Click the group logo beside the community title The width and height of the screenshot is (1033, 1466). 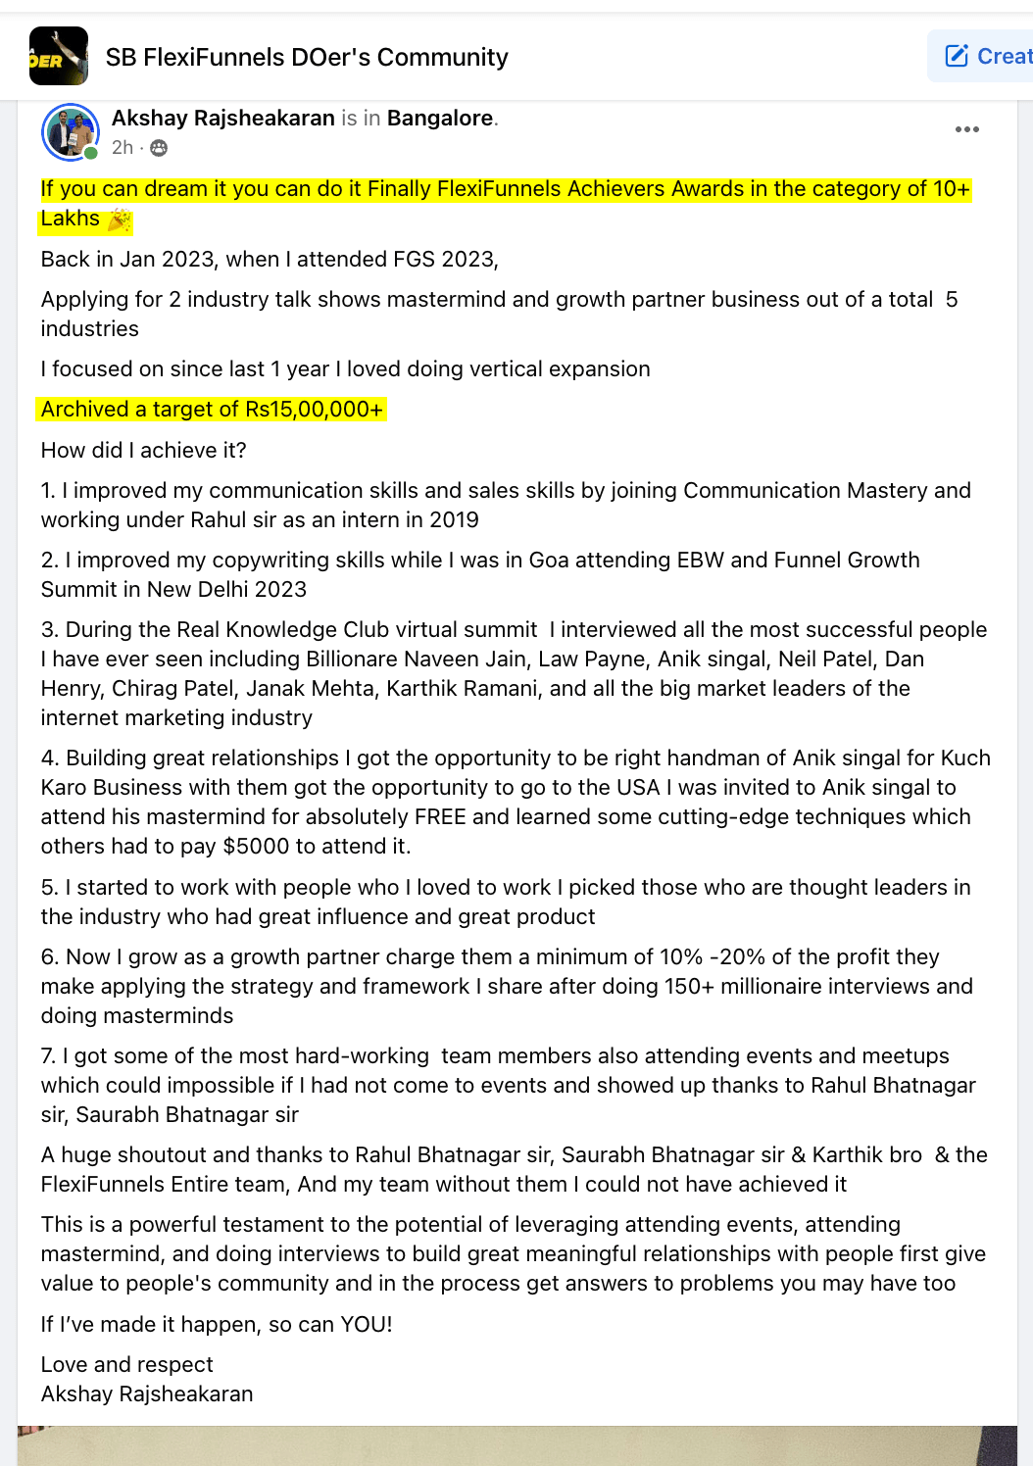[59, 57]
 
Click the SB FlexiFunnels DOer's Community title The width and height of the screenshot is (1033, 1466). [307, 58]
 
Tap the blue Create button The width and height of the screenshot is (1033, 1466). [985, 56]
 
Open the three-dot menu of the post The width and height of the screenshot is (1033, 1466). [966, 129]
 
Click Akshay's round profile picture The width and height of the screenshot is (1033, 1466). [70, 131]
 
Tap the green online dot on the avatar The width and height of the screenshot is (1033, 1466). [91, 153]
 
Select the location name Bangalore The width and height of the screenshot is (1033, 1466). [440, 119]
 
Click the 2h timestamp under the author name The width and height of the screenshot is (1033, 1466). [123, 148]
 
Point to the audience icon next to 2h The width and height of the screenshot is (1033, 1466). [159, 148]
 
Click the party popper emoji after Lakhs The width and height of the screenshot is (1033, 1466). [119, 220]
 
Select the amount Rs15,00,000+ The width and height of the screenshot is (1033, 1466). [314, 410]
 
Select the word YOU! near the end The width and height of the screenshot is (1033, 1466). [366, 1325]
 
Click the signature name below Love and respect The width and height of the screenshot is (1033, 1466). [147, 1394]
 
